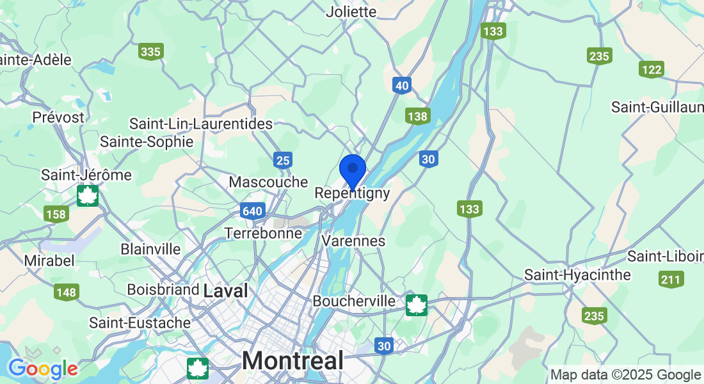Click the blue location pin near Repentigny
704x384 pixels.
pos(352,170)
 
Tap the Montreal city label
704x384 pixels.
pos(292,360)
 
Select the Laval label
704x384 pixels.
pos(225,291)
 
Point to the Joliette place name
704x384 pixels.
pos(351,12)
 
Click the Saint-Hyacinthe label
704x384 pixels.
pos(577,275)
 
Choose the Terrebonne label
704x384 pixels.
pos(263,233)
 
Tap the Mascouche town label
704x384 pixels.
pos(268,182)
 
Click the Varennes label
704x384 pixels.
pos(353,241)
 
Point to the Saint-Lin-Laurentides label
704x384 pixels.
pos(200,124)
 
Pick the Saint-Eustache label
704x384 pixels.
pos(140,323)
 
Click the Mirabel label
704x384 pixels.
pos(49,260)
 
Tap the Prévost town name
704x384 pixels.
pos(58,118)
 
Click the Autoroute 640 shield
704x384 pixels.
pos(253,211)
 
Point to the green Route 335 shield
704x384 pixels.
pos(151,52)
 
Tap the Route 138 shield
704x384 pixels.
pos(417,116)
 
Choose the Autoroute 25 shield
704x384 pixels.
pos(284,160)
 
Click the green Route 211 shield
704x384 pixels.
pos(671,279)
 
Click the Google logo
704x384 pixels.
pos(43,368)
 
